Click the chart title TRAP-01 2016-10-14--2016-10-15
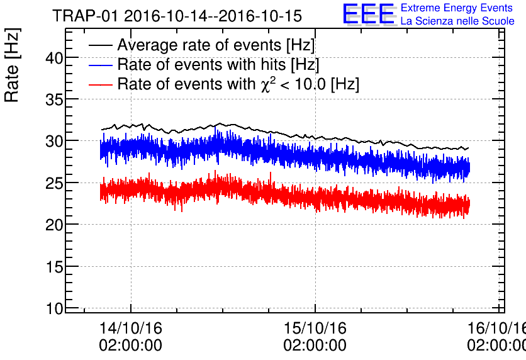click(177, 16)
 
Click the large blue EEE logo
click(369, 14)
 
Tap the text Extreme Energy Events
click(457, 8)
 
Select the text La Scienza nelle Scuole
click(457, 21)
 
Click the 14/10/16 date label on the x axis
click(131, 329)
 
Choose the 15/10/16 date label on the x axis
click(315, 329)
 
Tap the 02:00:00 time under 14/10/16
click(131, 346)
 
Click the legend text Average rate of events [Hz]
click(216, 46)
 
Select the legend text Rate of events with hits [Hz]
click(218, 65)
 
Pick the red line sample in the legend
click(101, 84)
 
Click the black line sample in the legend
click(101, 46)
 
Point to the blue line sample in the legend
click(101, 65)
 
